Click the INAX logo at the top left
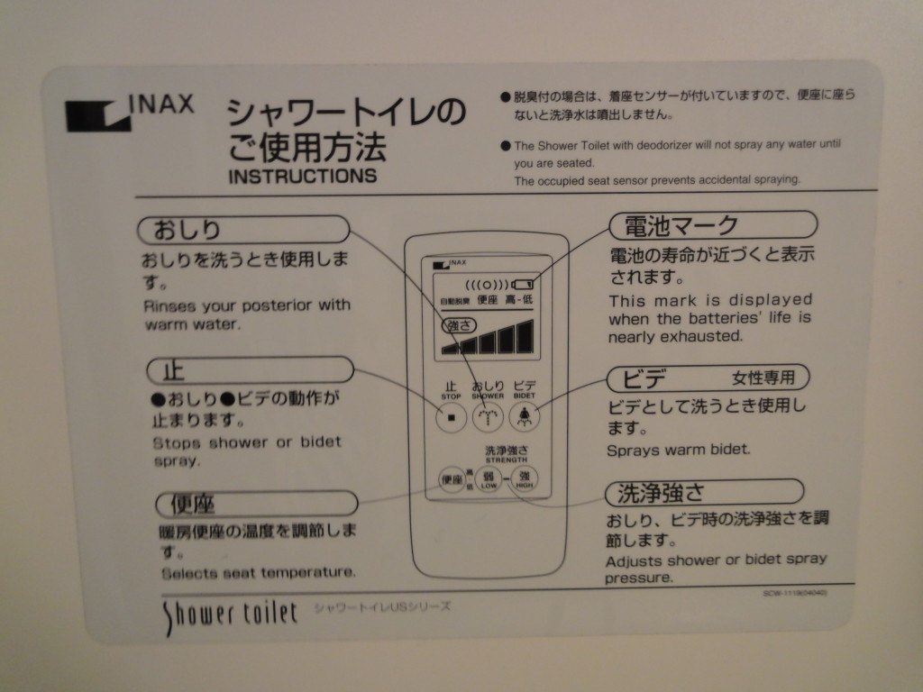pyautogui.click(x=129, y=113)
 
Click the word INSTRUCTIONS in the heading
pyautogui.click(x=303, y=176)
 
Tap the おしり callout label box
pyautogui.click(x=242, y=229)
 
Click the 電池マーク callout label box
pyautogui.click(x=713, y=224)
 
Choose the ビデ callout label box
pyautogui.click(x=708, y=377)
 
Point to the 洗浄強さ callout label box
pyautogui.click(x=703, y=492)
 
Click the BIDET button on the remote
pyautogui.click(x=524, y=416)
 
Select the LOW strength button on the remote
pyautogui.click(x=489, y=478)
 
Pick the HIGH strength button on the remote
pyautogui.click(x=524, y=478)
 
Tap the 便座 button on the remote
pyautogui.click(x=452, y=478)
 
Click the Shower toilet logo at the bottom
pyautogui.click(x=229, y=615)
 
